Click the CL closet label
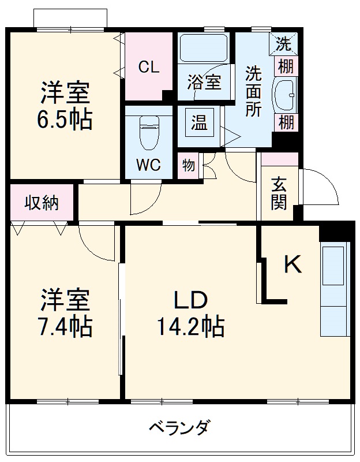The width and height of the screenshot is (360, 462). (148, 67)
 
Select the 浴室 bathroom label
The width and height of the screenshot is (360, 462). (204, 81)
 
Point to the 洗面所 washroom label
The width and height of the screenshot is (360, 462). (253, 91)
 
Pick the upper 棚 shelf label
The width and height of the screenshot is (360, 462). (286, 66)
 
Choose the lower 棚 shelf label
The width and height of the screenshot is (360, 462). (286, 122)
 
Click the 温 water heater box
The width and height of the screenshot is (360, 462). (200, 122)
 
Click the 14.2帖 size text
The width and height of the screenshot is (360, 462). (190, 327)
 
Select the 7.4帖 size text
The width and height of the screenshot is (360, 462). (64, 327)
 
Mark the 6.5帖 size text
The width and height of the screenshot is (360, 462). (65, 120)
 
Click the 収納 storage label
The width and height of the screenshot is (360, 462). (41, 203)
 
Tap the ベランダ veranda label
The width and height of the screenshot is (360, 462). (179, 428)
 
